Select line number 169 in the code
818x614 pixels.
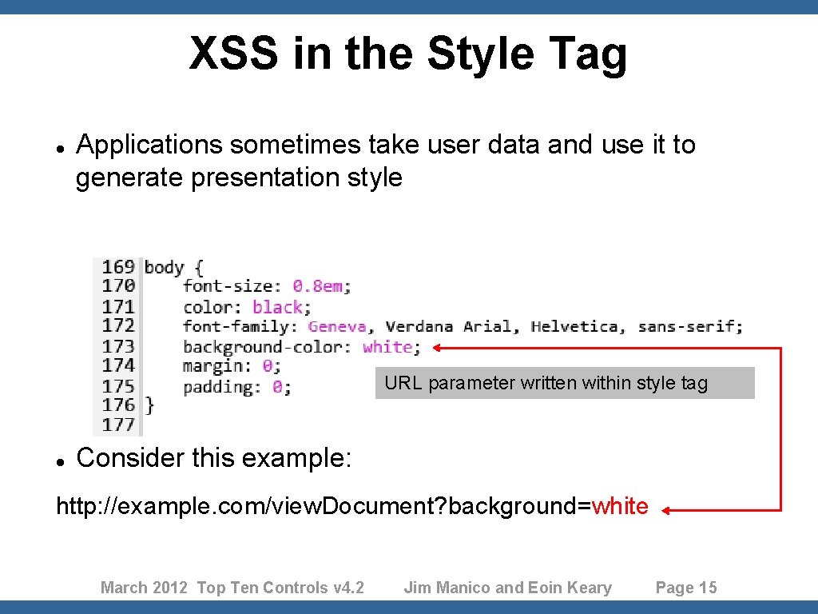click(117, 266)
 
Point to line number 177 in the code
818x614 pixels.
click(117, 424)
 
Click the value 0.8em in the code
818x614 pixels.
click(321, 286)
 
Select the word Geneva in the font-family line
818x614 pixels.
click(336, 326)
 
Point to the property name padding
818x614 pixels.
click(218, 387)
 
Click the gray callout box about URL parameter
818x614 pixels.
click(564, 383)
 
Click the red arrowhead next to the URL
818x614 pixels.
click(668, 509)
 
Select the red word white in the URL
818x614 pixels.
click(620, 506)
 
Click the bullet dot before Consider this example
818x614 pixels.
click(60, 460)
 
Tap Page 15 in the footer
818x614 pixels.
click(686, 588)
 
